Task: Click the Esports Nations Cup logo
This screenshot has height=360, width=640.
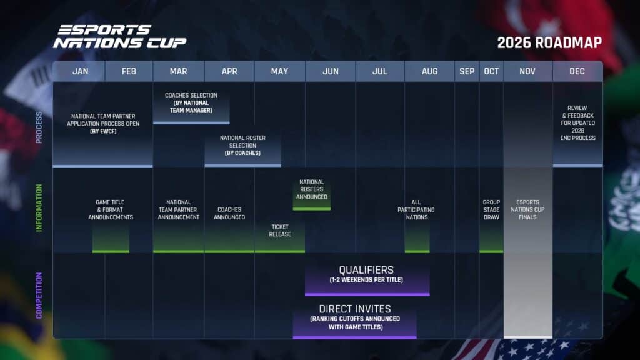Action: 119,37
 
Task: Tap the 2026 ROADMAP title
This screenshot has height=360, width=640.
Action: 549,42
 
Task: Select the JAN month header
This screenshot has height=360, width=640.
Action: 80,71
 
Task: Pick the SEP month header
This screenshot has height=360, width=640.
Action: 467,71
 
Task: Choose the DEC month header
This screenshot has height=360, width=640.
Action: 577,71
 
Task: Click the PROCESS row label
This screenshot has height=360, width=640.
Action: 39,127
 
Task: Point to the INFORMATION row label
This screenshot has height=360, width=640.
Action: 39,208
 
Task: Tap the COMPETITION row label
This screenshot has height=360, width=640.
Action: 39,296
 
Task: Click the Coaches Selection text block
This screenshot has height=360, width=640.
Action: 191,102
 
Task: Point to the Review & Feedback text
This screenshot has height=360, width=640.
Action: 577,122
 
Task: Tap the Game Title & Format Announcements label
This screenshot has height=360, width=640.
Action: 111,210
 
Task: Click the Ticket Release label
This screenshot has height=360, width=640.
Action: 279,231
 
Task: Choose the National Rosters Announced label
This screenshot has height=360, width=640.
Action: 311,189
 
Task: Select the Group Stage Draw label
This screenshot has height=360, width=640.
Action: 491,210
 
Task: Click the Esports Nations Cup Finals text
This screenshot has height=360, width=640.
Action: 527,210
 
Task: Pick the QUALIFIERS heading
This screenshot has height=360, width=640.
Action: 366,270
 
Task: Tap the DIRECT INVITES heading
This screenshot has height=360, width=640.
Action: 354,309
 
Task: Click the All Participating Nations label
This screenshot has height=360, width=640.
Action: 416,210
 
